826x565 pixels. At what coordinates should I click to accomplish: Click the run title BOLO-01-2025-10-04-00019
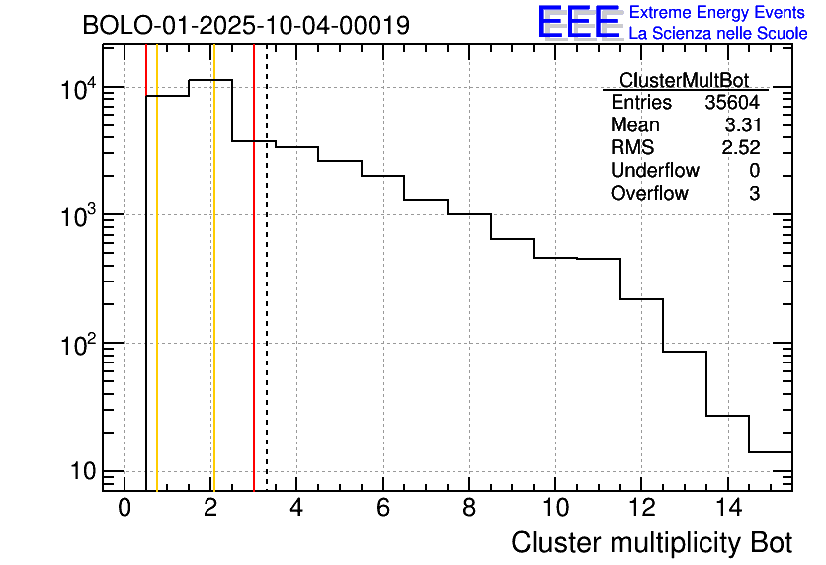coord(246,26)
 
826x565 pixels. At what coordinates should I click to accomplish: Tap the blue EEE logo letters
coord(578,22)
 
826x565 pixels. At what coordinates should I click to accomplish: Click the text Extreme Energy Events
coord(718,13)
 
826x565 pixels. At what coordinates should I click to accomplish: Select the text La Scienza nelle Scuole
coord(718,34)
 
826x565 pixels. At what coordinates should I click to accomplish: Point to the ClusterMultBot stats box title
coord(684,80)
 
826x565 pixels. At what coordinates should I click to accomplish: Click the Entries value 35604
coord(732,103)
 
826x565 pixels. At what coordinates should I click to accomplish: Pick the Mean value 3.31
coord(741,125)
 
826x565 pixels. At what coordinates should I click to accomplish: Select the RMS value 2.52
coord(741,148)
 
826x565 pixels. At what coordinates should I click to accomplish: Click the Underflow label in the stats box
coord(654,171)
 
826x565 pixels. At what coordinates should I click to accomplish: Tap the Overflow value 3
coord(754,194)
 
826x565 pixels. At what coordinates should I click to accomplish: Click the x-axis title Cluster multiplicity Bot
coord(651,542)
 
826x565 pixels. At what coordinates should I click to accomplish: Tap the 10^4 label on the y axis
coord(78,90)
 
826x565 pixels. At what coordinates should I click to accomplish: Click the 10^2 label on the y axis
coord(78,346)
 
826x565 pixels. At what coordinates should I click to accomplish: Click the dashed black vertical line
coord(267,296)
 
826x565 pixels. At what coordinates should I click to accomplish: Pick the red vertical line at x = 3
coord(254,296)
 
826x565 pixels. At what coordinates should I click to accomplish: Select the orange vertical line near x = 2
coord(212,296)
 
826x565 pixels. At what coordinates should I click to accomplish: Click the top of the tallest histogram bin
coord(210,80)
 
